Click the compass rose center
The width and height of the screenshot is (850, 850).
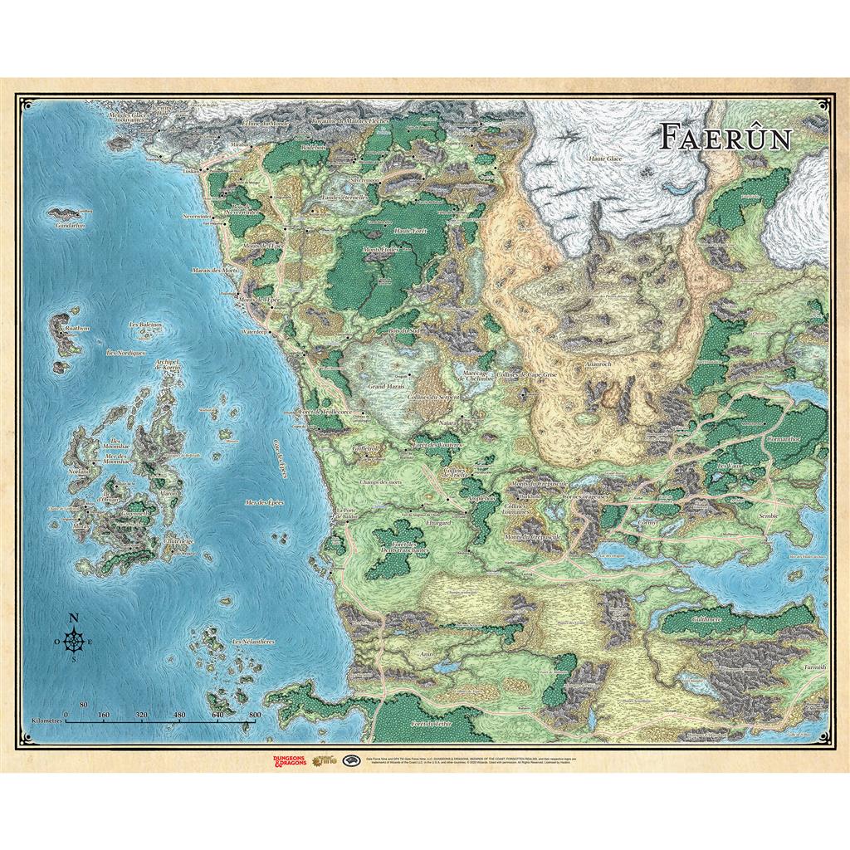[74, 640]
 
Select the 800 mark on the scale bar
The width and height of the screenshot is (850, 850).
[255, 714]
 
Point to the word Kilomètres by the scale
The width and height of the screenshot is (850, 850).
[47, 722]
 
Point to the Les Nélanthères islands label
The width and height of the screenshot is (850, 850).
[253, 642]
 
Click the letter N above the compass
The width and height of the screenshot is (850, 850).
[74, 617]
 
